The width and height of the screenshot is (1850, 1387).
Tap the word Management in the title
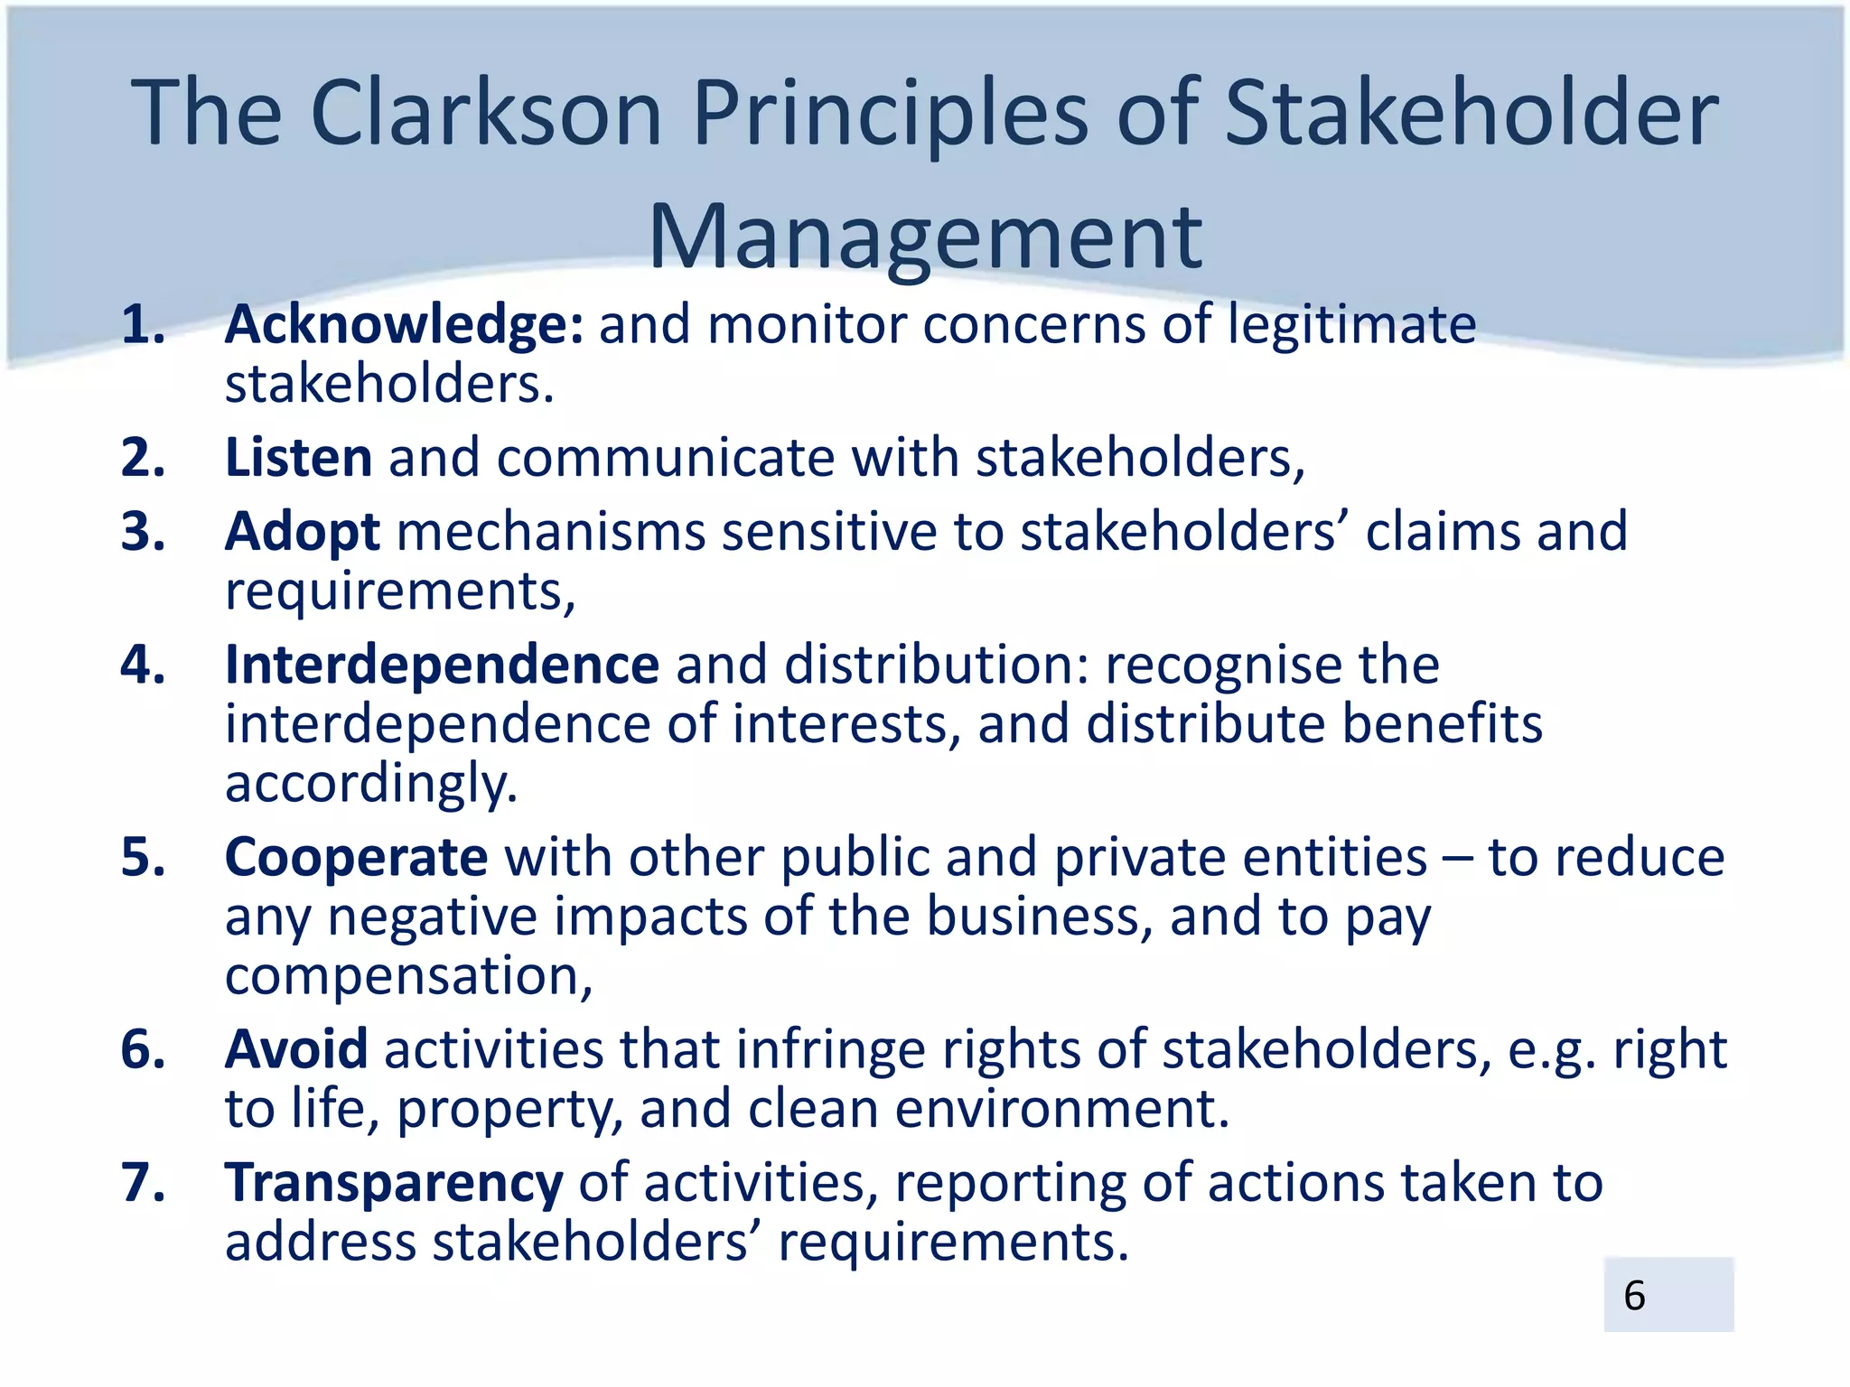point(925,237)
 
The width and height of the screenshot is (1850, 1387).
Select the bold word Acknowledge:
point(404,324)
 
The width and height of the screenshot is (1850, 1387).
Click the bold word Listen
point(298,457)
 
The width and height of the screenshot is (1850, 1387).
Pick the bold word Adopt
point(302,531)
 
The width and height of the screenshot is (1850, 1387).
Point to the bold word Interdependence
point(442,665)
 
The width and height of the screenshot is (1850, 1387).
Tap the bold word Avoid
point(296,1049)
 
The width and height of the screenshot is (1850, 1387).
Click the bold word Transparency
point(394,1182)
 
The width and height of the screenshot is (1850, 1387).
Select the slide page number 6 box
point(1668,1294)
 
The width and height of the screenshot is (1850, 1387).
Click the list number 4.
point(143,665)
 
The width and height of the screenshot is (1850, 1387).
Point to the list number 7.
point(143,1182)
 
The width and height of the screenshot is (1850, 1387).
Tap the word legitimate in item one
point(1351,324)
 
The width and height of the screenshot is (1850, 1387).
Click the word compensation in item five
point(407,976)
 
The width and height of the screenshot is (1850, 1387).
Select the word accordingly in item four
point(370,784)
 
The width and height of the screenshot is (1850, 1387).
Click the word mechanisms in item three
point(550,531)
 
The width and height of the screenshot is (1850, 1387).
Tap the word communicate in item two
point(665,457)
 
